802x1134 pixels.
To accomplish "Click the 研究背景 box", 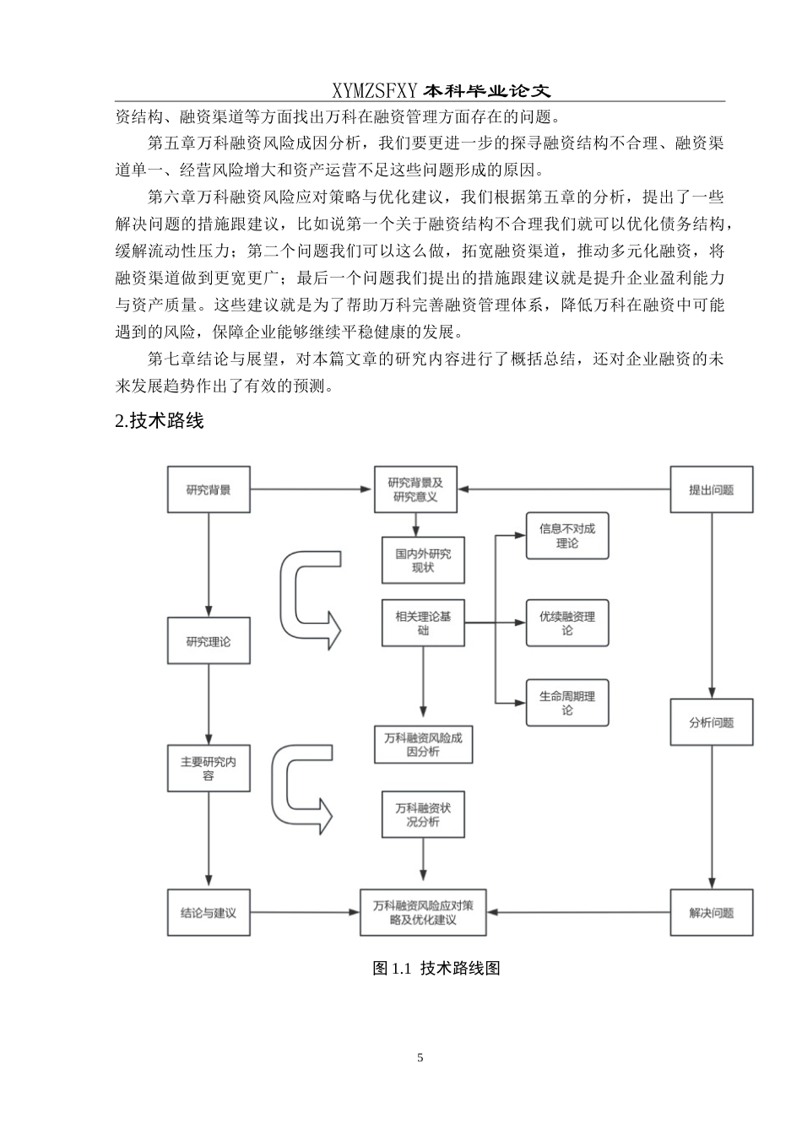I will point(209,489).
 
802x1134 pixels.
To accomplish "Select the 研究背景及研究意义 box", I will point(416,489).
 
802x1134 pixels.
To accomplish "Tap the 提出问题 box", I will point(711,489).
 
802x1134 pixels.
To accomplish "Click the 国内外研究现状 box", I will point(423,560).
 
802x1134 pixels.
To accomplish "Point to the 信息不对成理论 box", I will point(567,536).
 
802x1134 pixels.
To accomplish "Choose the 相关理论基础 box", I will point(423,624).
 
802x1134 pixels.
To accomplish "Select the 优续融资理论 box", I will point(567,624).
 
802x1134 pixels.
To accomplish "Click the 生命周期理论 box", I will point(567,703).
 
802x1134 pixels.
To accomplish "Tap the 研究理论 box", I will point(209,641).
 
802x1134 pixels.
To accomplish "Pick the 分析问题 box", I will point(711,722).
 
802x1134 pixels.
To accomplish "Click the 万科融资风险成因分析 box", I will point(423,744).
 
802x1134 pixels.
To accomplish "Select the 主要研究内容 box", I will point(209,768).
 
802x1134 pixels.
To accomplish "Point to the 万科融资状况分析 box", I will point(423,814).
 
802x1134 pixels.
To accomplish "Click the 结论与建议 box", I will point(209,913).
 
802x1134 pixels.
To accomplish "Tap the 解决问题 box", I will point(711,913).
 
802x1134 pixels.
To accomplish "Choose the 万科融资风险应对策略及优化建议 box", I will point(423,913).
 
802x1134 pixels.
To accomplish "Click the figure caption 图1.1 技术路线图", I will point(436,968).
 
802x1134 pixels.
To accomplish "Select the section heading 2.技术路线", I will point(160,420).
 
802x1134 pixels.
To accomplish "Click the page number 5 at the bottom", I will point(420,1058).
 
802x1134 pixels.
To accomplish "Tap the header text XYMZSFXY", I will point(375,91).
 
